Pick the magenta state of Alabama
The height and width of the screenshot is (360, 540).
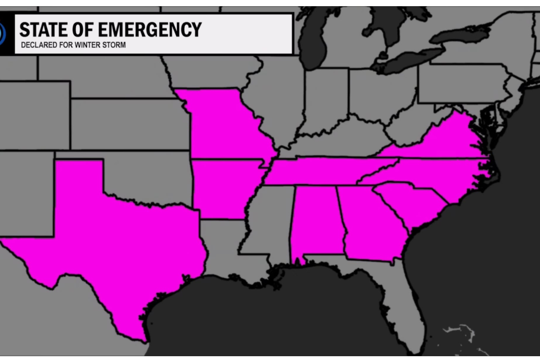pos(315,223)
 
